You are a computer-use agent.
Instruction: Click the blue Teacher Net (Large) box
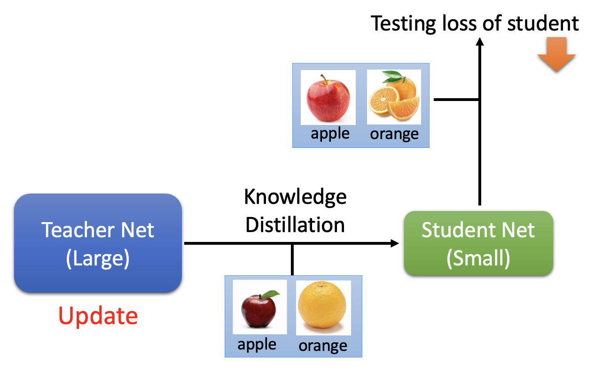coord(98,243)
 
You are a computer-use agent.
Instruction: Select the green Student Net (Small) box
coord(478,243)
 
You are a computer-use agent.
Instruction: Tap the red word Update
coord(98,316)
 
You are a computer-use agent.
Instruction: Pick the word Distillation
coord(295,225)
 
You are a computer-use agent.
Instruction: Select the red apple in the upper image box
coord(328,97)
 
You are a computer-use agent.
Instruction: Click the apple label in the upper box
coord(330,133)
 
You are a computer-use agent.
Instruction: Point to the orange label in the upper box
coord(394,134)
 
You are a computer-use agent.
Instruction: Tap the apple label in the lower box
coord(257,344)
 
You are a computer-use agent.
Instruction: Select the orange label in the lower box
coord(323,346)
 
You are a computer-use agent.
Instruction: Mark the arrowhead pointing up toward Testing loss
coord(479,42)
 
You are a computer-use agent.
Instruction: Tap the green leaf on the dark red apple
coord(270,294)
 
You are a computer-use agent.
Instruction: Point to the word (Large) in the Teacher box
coord(98,259)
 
